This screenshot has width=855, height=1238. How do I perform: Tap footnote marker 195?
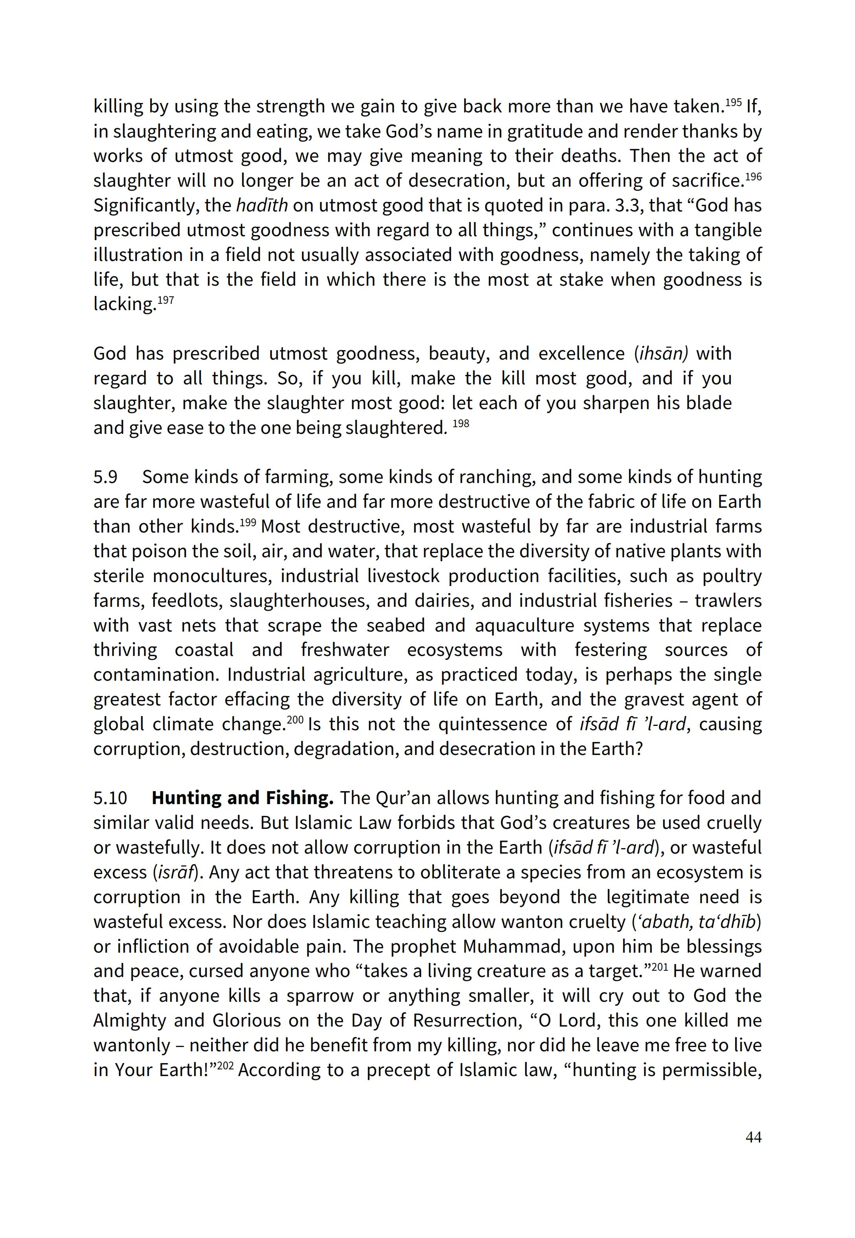(733, 102)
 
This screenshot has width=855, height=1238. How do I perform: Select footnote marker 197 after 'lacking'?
(165, 299)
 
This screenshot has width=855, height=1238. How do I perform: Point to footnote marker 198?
(461, 424)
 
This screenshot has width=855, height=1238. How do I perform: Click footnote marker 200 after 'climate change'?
(295, 719)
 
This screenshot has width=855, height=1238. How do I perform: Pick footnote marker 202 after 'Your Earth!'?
(226, 1065)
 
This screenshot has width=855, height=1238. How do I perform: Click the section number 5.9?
(105, 477)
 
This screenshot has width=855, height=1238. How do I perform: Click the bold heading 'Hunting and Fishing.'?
(242, 798)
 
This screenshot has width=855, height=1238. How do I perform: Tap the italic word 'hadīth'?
(262, 205)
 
